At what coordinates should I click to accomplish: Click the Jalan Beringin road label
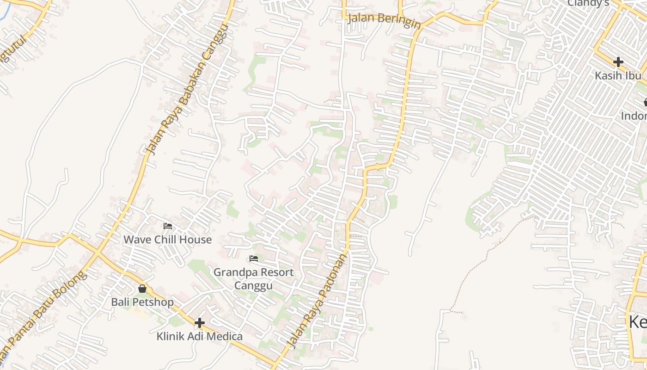point(384,19)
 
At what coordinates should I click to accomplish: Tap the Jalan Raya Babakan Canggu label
point(188,89)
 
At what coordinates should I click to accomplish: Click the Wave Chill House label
point(167,240)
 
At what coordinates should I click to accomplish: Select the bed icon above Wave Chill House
point(168,226)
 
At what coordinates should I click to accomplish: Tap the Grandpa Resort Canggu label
point(253,278)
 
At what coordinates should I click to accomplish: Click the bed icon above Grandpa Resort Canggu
point(253,259)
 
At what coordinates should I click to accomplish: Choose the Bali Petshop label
point(142,302)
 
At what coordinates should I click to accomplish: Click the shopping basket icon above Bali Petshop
point(142,289)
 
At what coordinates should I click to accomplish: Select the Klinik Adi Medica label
point(199,336)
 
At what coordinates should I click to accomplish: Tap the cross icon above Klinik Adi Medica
point(200,322)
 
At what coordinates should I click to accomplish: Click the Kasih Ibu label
point(618,75)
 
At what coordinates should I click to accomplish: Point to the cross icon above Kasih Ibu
point(618,62)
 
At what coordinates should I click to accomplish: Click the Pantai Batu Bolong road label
point(44,314)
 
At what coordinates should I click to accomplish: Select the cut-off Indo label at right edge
point(634,116)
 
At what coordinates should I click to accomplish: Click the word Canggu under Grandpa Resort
point(253,285)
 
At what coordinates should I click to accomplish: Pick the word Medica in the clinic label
point(224,336)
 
